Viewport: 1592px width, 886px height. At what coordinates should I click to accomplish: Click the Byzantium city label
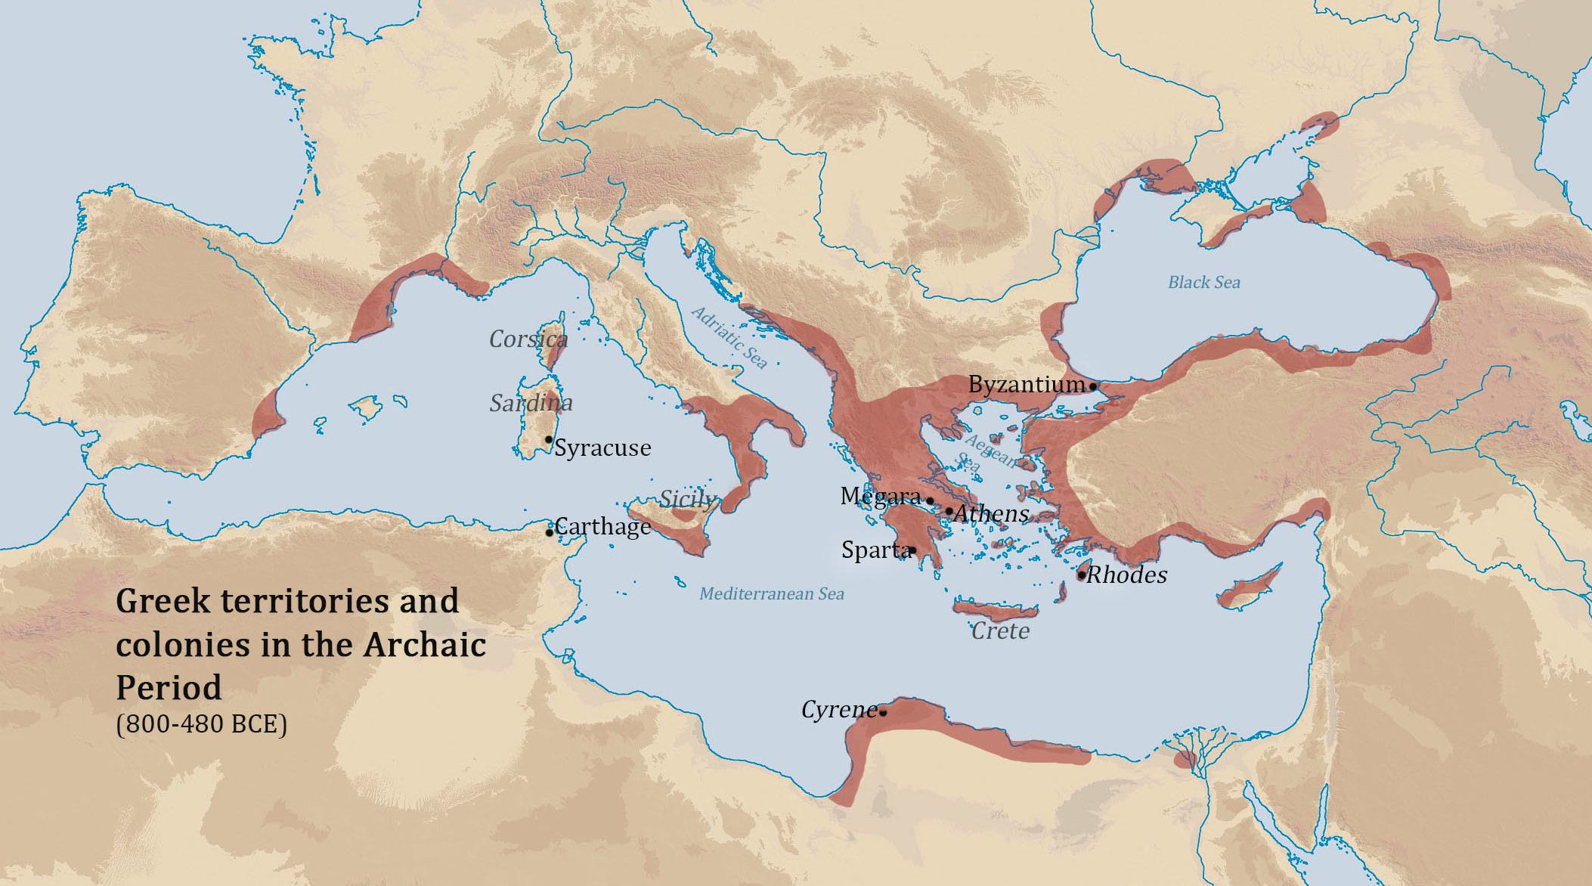coord(1026,384)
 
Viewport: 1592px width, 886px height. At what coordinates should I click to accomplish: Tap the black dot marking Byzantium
coord(1093,386)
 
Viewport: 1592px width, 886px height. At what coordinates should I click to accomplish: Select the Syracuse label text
coord(602,448)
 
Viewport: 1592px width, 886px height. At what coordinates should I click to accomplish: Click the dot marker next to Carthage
coord(549,533)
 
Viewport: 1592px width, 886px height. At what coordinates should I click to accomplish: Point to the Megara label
coord(880,496)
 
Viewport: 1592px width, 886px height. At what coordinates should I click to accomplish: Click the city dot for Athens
coord(949,510)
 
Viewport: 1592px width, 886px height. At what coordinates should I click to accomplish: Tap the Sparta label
coord(875,550)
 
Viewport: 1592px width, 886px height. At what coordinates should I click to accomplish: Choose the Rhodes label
coord(1126,575)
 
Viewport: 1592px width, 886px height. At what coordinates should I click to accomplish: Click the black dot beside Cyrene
coord(883,712)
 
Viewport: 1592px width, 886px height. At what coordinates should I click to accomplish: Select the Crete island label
coord(1000,630)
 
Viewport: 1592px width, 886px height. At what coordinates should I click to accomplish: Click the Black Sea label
coord(1203,282)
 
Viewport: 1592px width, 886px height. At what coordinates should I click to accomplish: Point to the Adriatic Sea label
coord(729,337)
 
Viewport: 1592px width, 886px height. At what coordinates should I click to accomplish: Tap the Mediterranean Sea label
coord(771,593)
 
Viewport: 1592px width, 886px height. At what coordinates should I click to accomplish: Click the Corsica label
coord(528,339)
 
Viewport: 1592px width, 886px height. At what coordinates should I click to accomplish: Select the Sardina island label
coord(531,403)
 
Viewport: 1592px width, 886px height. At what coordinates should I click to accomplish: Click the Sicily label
coord(686,499)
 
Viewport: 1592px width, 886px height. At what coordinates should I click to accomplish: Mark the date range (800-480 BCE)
coord(202,724)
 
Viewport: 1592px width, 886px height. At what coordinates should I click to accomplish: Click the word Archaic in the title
coord(424,645)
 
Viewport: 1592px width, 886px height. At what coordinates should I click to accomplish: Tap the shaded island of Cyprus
coord(1251,586)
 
